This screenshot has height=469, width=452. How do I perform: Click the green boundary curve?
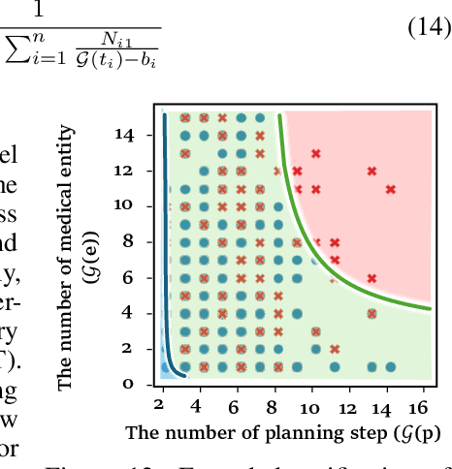click(x=320, y=233)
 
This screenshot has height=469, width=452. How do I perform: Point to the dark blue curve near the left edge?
click(x=167, y=252)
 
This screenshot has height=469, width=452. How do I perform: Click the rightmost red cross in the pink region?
click(x=390, y=189)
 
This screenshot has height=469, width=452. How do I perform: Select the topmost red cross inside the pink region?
click(x=314, y=153)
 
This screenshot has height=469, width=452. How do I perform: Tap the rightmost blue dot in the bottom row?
click(x=390, y=367)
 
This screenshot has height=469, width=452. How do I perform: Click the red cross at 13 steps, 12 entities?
click(x=371, y=172)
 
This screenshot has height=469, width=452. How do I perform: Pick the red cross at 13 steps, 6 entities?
click(x=371, y=278)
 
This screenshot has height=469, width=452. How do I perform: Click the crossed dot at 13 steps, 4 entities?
click(x=371, y=314)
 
